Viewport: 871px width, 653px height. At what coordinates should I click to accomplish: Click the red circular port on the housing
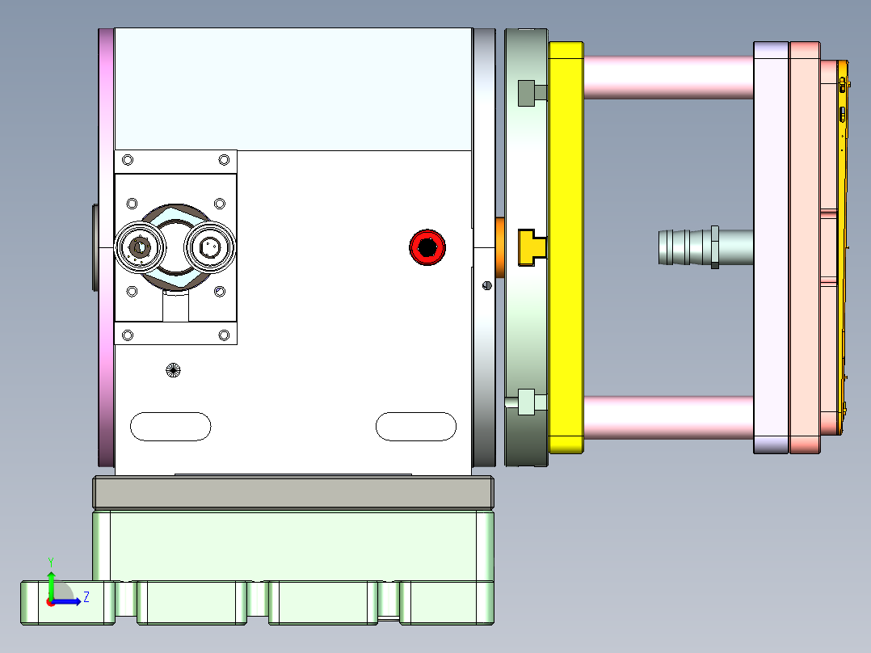coord(427,247)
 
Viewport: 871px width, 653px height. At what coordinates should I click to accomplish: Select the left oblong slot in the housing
coord(170,426)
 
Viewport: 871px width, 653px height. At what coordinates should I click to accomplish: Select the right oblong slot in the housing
coord(415,426)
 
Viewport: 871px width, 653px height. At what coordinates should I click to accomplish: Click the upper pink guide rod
coord(667,77)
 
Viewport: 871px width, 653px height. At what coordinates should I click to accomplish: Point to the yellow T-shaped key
coord(530,246)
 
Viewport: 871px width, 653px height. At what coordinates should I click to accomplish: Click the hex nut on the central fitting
coord(714,247)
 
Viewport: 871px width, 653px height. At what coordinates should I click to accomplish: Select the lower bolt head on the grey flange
coord(527,400)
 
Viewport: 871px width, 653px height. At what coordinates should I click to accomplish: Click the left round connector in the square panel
coord(141,247)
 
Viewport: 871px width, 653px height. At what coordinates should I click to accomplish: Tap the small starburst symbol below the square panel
coord(172,370)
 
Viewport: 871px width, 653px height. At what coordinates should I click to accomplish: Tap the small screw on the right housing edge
coord(486,284)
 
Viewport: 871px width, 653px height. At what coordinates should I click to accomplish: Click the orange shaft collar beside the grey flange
coord(500,247)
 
